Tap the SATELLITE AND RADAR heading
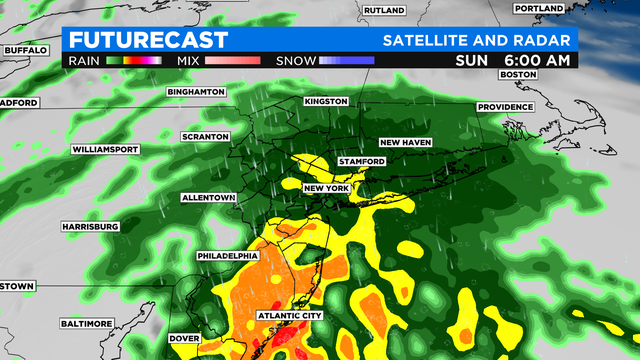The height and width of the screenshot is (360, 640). point(478,40)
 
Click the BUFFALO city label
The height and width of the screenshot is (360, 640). point(27,49)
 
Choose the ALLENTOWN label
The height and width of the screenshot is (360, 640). point(208,198)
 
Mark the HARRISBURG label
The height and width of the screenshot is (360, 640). point(89,227)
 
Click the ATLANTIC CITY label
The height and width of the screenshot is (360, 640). point(290,316)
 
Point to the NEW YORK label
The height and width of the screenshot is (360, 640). point(326,188)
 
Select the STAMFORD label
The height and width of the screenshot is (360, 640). point(362,162)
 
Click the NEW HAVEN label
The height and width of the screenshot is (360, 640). point(404,142)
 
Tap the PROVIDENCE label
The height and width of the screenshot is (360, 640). point(507,107)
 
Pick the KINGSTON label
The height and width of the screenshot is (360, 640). point(326,102)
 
